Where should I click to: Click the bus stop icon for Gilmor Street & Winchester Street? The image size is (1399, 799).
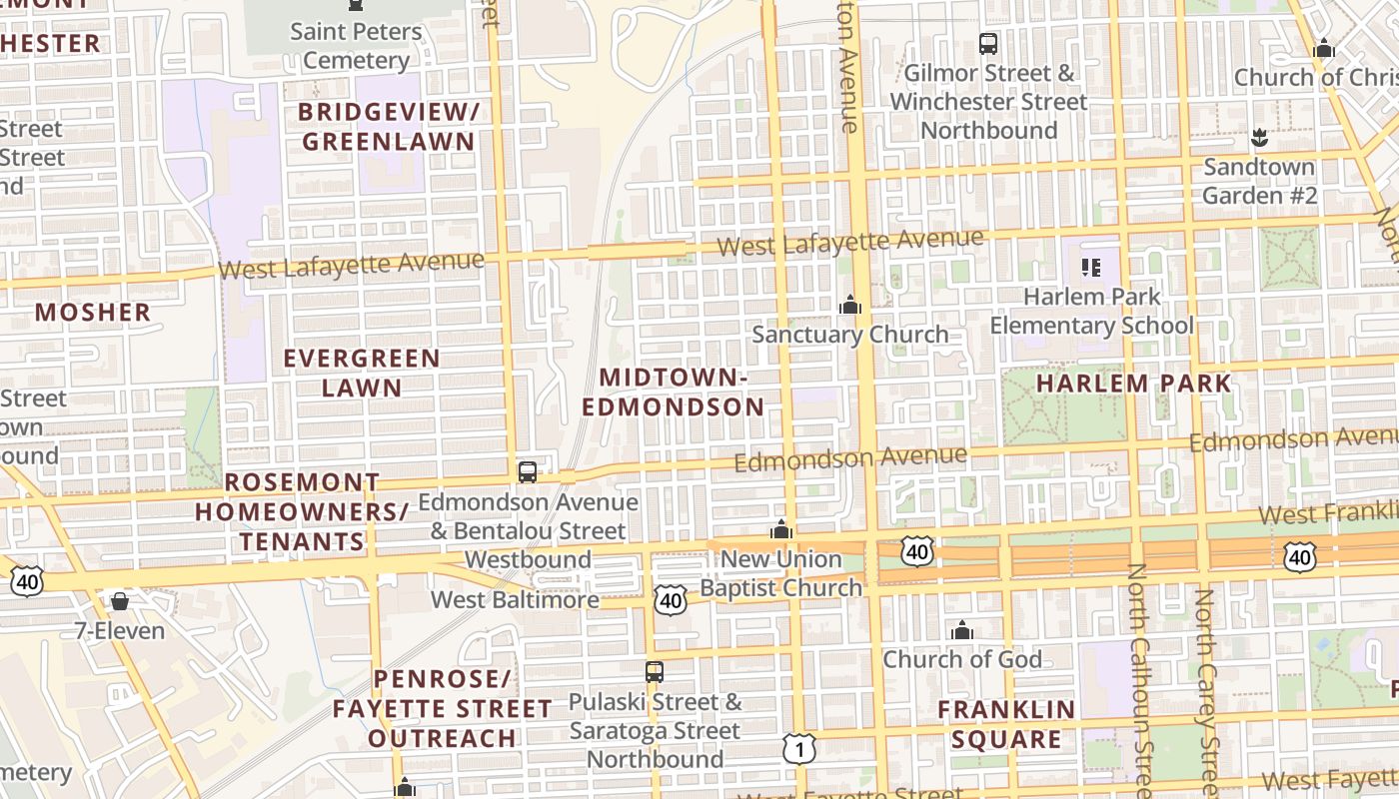pos(988,44)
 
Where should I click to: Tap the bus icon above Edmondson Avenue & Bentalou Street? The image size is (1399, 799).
pos(528,472)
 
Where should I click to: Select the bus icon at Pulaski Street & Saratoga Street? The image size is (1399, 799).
pos(655,672)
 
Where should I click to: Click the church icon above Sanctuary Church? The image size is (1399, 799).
pos(850,305)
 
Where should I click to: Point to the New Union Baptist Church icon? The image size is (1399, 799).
pos(781,529)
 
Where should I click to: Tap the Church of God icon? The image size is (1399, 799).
pos(962,630)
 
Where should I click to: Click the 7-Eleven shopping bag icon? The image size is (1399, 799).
pos(120,601)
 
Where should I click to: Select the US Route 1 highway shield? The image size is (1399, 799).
pos(799,748)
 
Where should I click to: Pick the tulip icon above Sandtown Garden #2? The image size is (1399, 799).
pos(1259,137)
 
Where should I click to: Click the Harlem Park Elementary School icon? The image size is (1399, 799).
pos(1090,267)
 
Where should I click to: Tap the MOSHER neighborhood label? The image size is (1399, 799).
pos(93,313)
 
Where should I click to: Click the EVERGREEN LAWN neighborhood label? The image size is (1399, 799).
pos(362,373)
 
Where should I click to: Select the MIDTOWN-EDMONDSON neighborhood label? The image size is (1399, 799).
pos(674,393)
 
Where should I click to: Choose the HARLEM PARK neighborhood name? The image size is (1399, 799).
pos(1134,384)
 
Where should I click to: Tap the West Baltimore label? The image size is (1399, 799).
pos(515,600)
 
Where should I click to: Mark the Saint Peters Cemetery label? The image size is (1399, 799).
pos(356,46)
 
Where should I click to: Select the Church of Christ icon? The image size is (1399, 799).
pos(1324,48)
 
